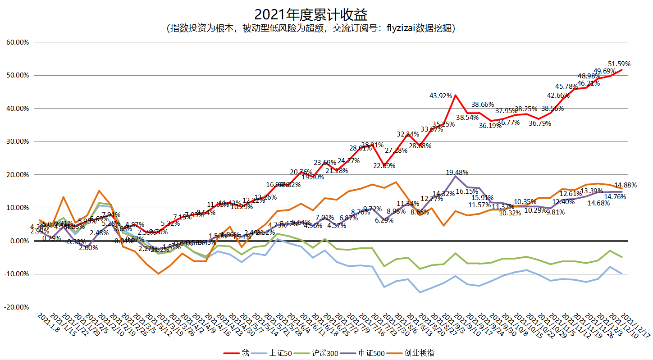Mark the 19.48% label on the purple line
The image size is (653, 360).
[457, 172]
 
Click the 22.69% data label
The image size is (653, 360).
[384, 165]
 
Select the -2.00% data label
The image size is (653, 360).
[87, 247]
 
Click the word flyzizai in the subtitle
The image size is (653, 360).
[400, 28]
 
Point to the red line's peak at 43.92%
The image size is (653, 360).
[456, 95]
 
